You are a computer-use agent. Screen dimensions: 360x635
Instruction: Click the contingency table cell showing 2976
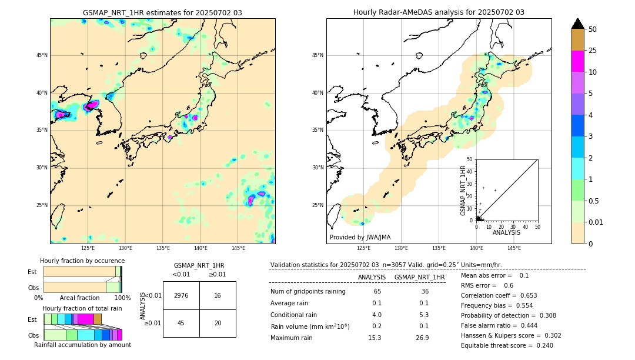pyautogui.click(x=181, y=295)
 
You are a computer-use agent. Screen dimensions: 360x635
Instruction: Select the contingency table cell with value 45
pyautogui.click(x=181, y=323)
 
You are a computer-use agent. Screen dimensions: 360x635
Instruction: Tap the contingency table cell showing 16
pyautogui.click(x=218, y=295)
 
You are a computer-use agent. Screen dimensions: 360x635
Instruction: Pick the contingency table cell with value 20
pyautogui.click(x=218, y=323)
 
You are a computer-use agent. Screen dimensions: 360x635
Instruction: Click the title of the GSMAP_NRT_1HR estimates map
pyautogui.click(x=162, y=12)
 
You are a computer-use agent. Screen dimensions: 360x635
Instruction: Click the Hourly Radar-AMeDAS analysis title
pyautogui.click(x=439, y=12)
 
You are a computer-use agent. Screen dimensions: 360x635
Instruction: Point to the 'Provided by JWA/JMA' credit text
pyautogui.click(x=360, y=237)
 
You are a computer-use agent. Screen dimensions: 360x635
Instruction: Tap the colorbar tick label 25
pyautogui.click(x=593, y=51)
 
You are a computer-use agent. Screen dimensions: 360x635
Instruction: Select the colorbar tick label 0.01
pyautogui.click(x=596, y=222)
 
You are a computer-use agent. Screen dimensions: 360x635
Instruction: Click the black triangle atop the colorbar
pyautogui.click(x=578, y=24)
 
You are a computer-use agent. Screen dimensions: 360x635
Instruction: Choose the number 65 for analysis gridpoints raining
pyautogui.click(x=377, y=291)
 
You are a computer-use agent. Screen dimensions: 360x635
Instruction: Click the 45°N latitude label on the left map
pyautogui.click(x=42, y=55)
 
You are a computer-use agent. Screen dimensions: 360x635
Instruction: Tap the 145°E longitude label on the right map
pyautogui.click(x=514, y=248)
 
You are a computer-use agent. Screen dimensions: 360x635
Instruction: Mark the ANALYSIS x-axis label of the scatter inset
pyautogui.click(x=506, y=232)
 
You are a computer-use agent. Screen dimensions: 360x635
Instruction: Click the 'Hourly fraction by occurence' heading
pyautogui.click(x=82, y=261)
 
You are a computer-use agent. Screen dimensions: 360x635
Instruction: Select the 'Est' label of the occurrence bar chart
pyautogui.click(x=32, y=272)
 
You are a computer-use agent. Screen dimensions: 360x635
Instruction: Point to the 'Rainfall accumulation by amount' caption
pyautogui.click(x=82, y=345)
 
